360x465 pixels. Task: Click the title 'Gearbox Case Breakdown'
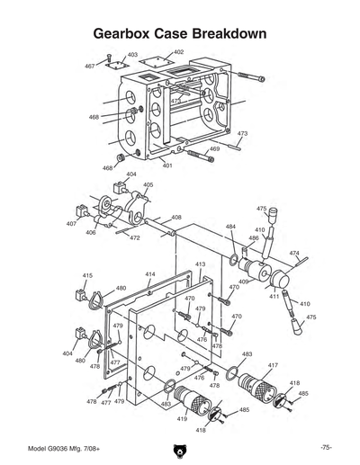(180, 34)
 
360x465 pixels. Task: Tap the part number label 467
(90, 67)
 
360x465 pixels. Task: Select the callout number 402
(178, 53)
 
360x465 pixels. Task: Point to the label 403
(132, 55)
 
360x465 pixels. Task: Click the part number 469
(214, 148)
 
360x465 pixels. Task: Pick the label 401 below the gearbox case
(167, 165)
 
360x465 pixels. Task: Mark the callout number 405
(148, 185)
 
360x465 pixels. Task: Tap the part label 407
(71, 223)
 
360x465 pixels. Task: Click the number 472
(134, 237)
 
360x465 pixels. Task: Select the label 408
(176, 218)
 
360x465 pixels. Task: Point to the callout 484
(231, 227)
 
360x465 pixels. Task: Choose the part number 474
(294, 254)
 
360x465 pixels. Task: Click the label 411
(274, 296)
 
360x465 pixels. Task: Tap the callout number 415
(87, 275)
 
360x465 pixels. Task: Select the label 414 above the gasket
(149, 273)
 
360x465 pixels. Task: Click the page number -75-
(325, 447)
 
